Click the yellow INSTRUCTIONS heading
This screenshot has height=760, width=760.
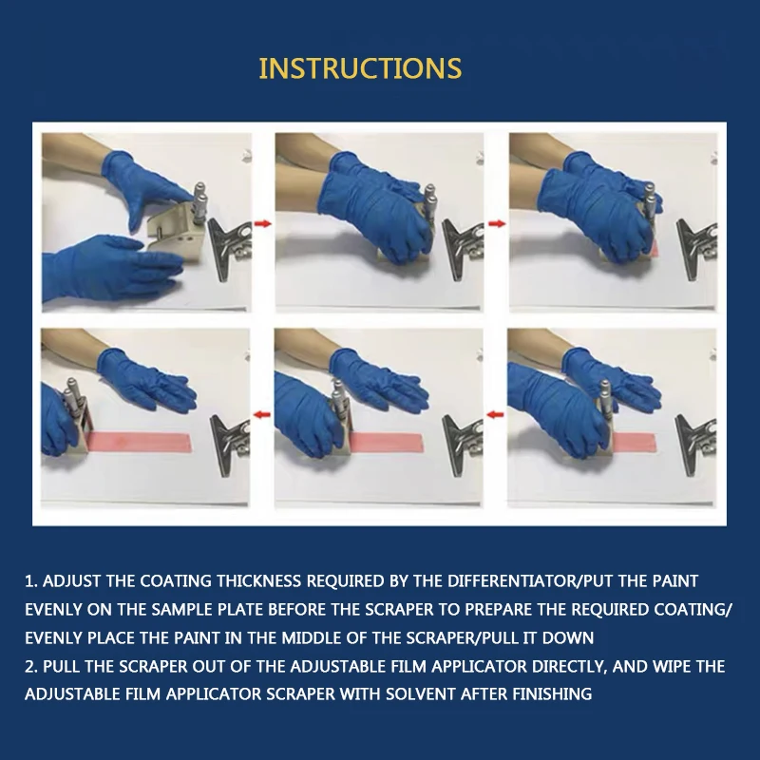click(x=360, y=68)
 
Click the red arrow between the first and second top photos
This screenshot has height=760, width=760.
click(x=263, y=223)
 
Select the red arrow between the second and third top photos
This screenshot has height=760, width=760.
click(x=497, y=223)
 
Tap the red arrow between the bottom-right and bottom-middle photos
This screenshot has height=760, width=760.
click(x=495, y=414)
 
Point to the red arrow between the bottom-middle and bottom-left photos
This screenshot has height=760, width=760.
click(x=262, y=414)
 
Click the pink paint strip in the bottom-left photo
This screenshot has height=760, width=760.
click(x=139, y=442)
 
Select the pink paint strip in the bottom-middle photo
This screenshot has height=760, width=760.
click(x=386, y=442)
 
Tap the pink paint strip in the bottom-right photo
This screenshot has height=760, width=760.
click(x=634, y=442)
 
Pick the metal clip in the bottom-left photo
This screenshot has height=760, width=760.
click(x=230, y=444)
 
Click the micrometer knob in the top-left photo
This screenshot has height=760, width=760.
click(x=199, y=202)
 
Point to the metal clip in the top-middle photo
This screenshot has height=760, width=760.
click(x=463, y=248)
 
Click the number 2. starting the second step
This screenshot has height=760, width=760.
click(x=31, y=666)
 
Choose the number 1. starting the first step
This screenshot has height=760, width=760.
click(x=30, y=580)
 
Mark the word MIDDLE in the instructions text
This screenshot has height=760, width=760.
click(x=312, y=637)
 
